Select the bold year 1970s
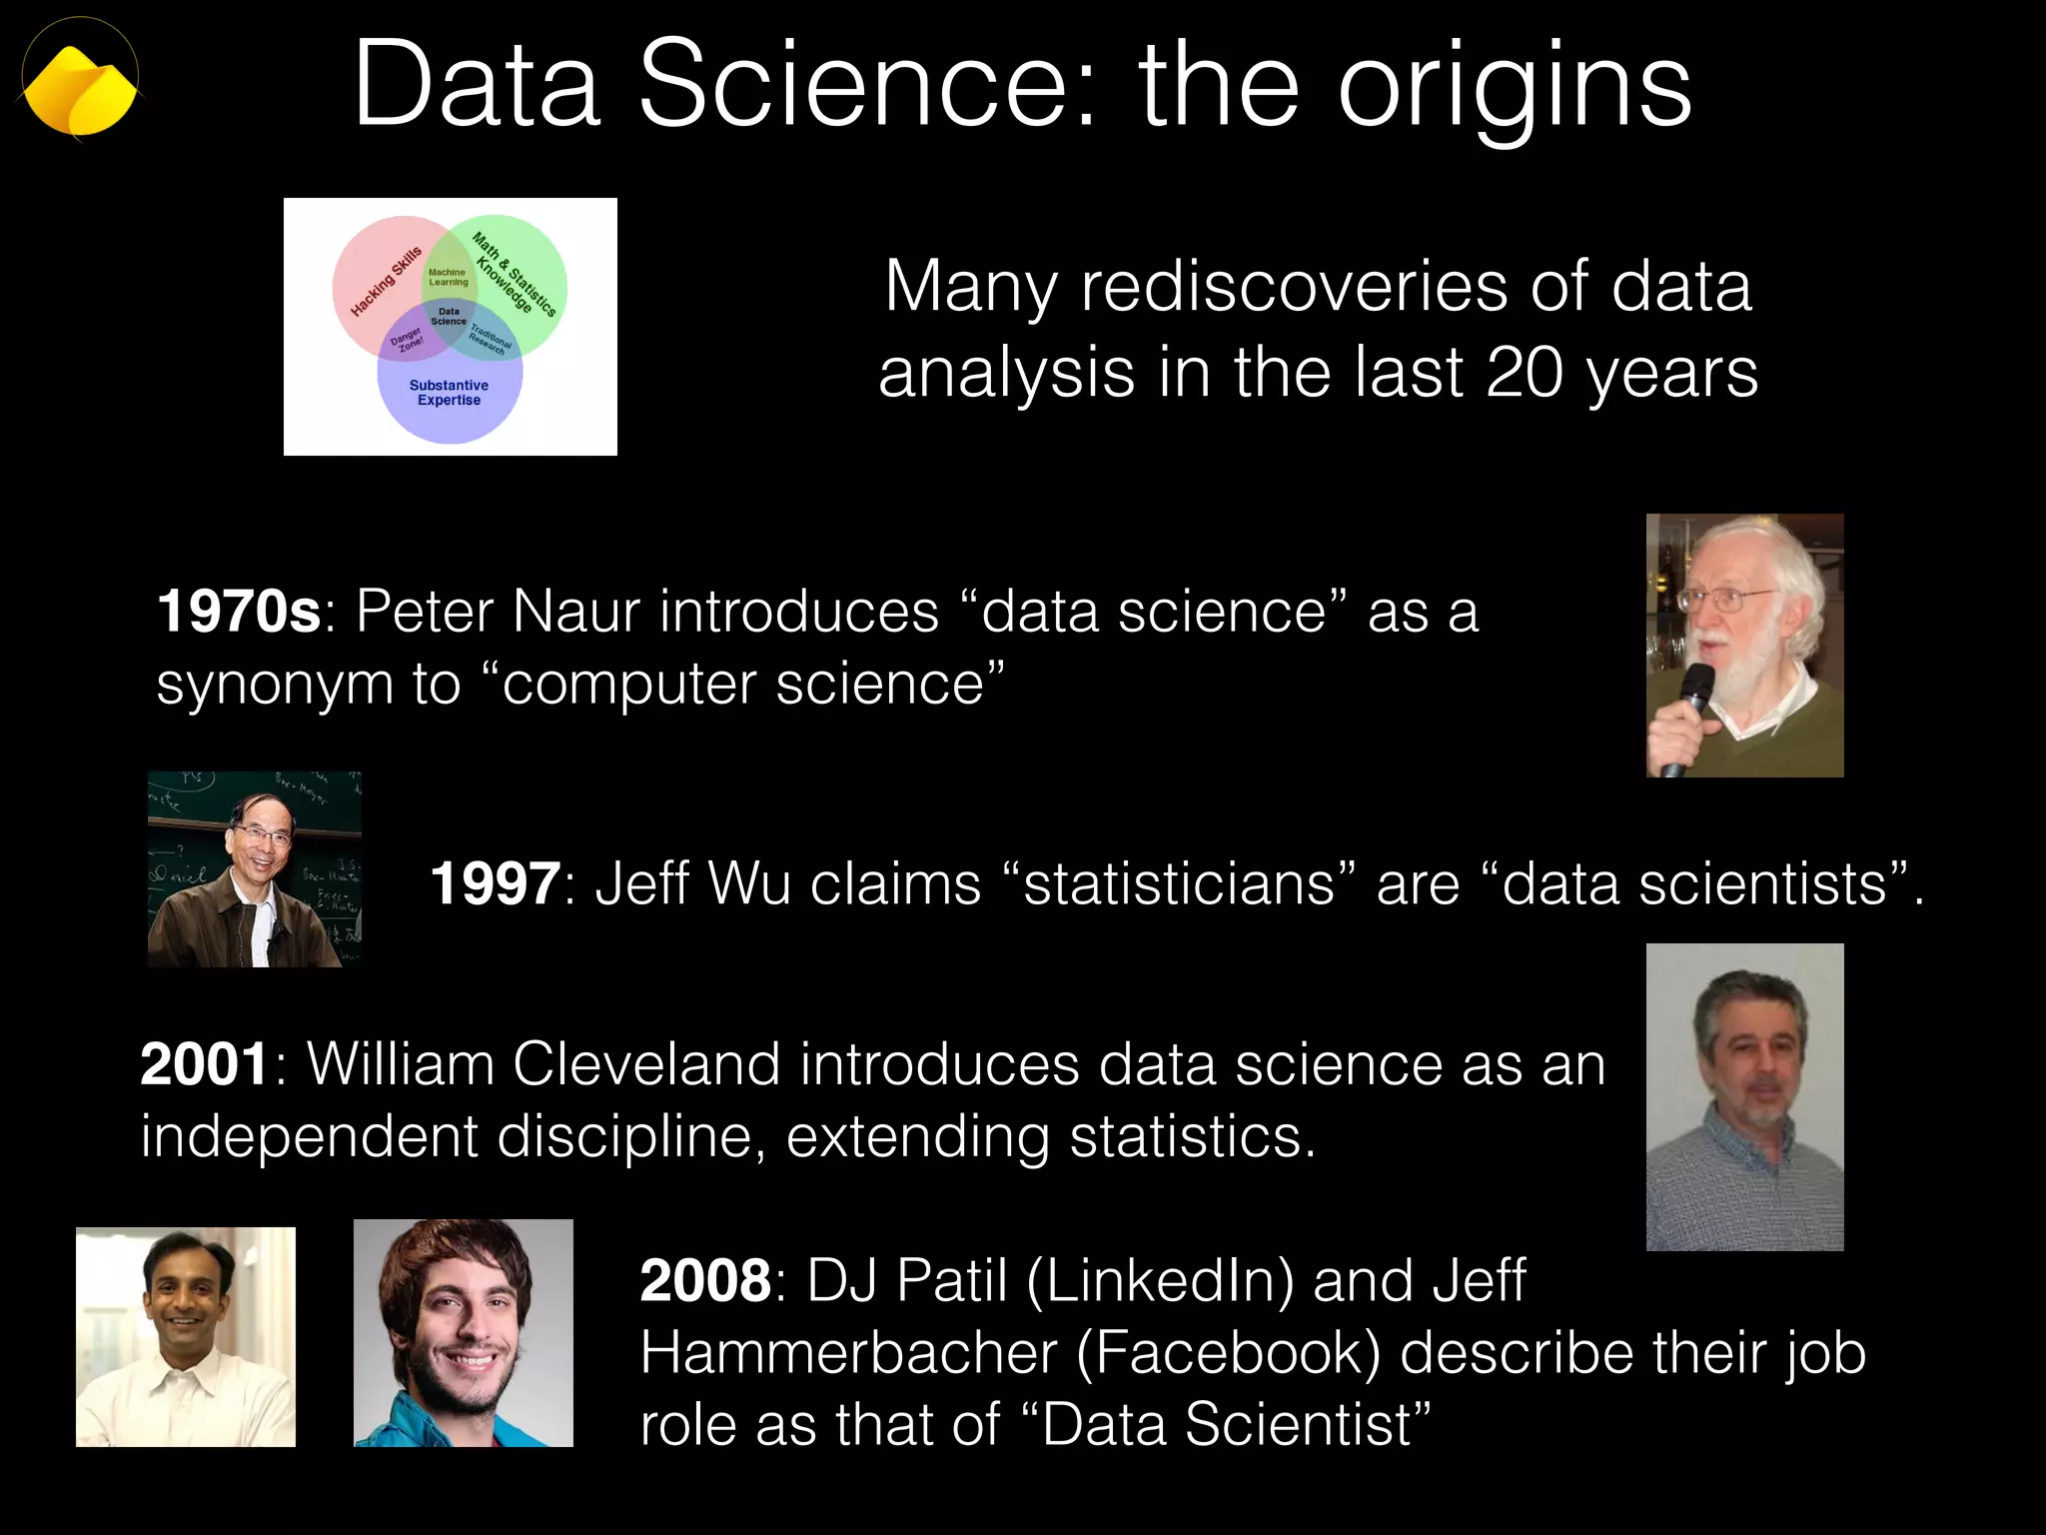pos(239,612)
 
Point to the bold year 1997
pos(496,884)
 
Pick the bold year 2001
pos(205,1064)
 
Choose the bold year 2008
pos(705,1281)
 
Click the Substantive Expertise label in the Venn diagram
pos(449,393)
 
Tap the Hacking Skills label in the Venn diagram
pos(386,282)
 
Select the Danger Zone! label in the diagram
pos(407,341)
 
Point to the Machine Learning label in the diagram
pos(448,277)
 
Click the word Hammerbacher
pos(848,1353)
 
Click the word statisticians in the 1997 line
pos(1179,884)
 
